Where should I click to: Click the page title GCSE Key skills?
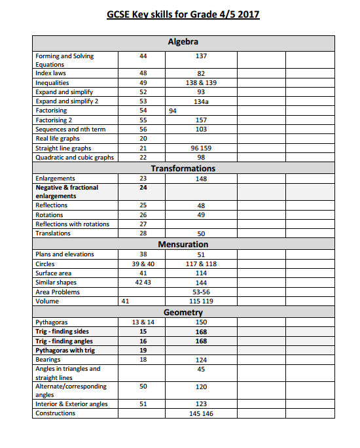pyautogui.click(x=183, y=14)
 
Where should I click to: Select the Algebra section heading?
pyautogui.click(x=183, y=42)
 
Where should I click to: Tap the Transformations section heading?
pyautogui.click(x=183, y=168)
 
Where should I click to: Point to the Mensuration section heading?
pyautogui.click(x=183, y=244)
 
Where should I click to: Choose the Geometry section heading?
pyautogui.click(x=183, y=313)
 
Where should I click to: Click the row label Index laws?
pyautogui.click(x=50, y=73)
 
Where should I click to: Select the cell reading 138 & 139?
pyautogui.click(x=201, y=83)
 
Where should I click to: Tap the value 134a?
pyautogui.click(x=201, y=101)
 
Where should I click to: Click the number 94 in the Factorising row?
pyautogui.click(x=173, y=111)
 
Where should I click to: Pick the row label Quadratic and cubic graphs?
pyautogui.click(x=74, y=158)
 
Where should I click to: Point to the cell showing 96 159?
pyautogui.click(x=201, y=148)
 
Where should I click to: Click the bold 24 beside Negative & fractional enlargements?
pyautogui.click(x=143, y=188)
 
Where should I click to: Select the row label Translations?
pyautogui.click(x=53, y=233)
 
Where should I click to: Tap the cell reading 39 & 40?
pyautogui.click(x=143, y=264)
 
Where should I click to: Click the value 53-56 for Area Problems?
pyautogui.click(x=201, y=292)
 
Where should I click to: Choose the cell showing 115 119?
pyautogui.click(x=201, y=302)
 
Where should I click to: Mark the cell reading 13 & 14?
pyautogui.click(x=143, y=322)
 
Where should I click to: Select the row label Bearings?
pyautogui.click(x=48, y=360)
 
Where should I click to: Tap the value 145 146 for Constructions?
pyautogui.click(x=201, y=414)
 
